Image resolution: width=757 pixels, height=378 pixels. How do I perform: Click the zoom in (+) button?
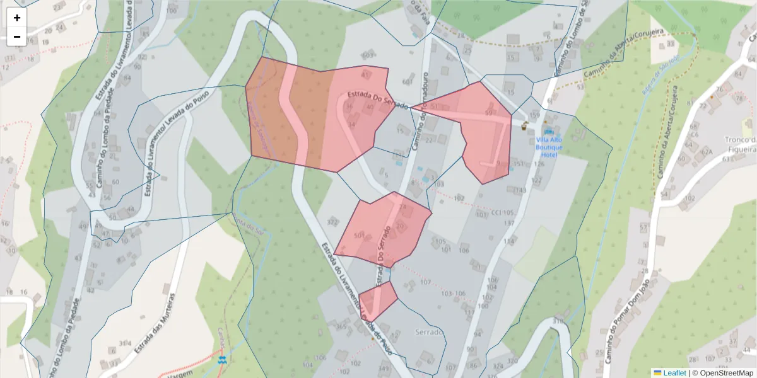(17, 18)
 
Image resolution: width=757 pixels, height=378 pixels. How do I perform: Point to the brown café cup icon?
(524, 125)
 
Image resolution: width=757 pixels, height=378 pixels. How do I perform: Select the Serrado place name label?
(430, 331)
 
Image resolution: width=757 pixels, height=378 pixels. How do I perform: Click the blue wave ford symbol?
(221, 360)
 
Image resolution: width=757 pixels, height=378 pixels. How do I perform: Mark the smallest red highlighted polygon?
(378, 300)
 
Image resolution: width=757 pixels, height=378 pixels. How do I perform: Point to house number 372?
(332, 222)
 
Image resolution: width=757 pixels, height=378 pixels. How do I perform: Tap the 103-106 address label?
(453, 294)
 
